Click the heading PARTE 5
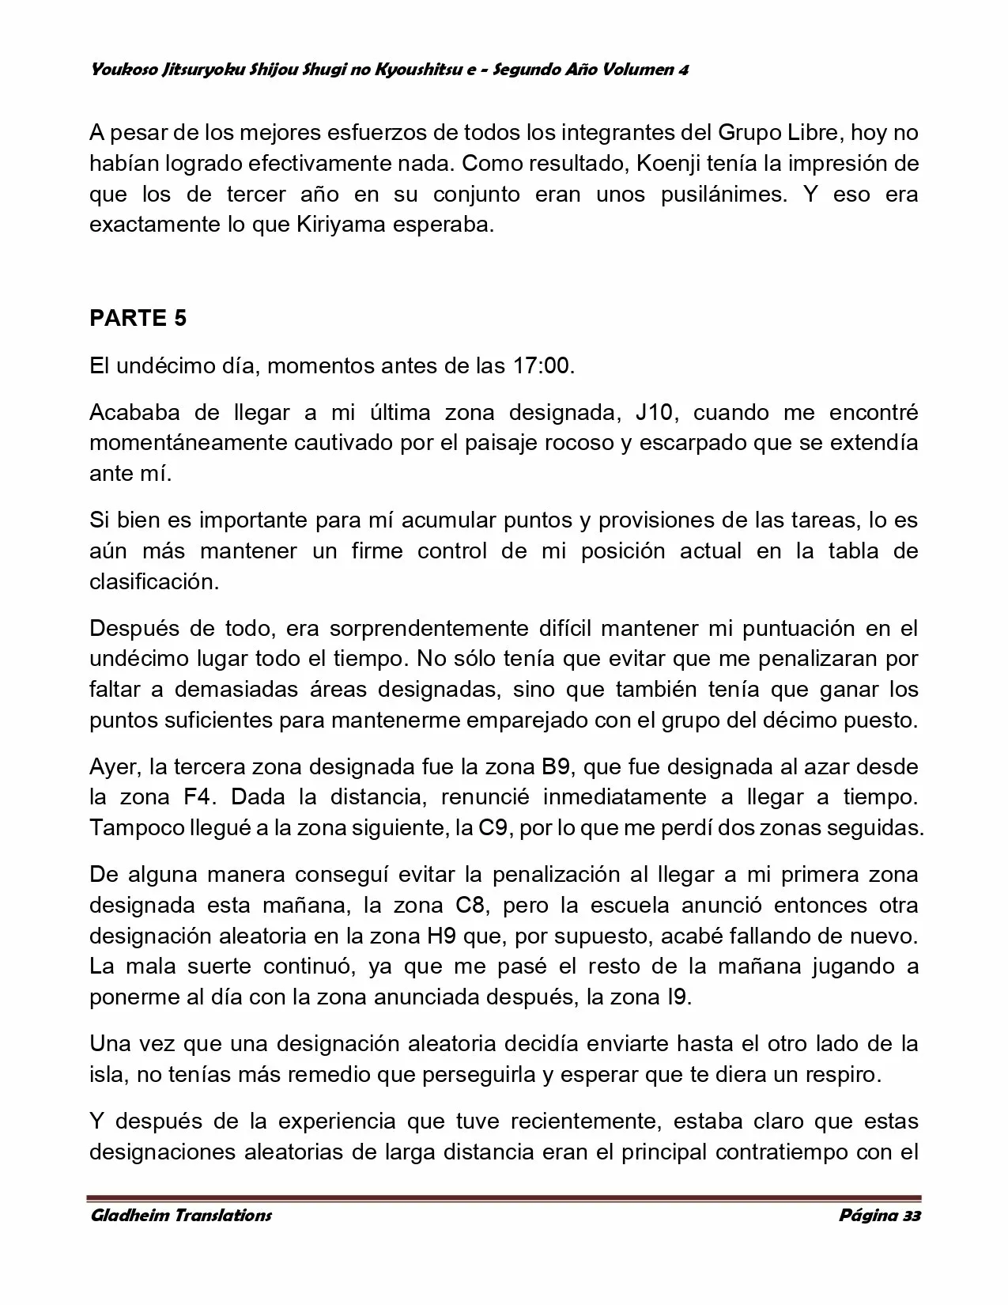coord(138,318)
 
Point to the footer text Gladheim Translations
coord(181,1215)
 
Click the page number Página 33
coord(879,1215)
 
